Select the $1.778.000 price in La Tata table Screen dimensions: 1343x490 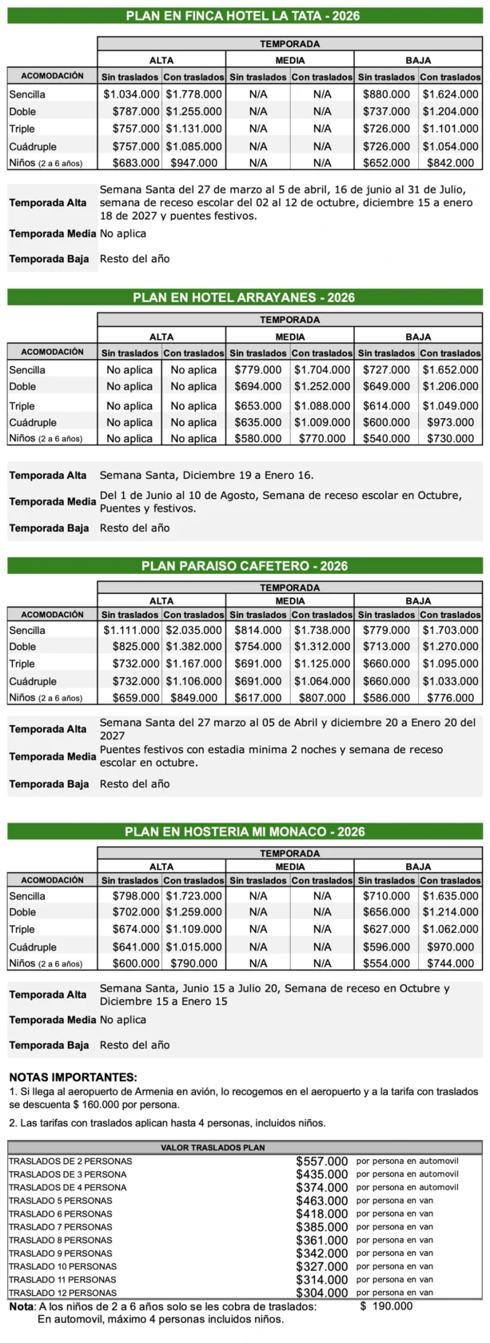click(193, 94)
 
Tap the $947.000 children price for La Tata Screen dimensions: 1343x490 click(193, 163)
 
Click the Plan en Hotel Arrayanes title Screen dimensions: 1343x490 click(244, 297)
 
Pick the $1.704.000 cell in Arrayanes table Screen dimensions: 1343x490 click(321, 370)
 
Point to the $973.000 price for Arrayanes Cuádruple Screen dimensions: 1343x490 click(450, 422)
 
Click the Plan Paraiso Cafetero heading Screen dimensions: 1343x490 click(245, 566)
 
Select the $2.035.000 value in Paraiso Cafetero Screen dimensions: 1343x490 click(193, 630)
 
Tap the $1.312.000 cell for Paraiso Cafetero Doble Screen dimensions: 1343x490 click(321, 647)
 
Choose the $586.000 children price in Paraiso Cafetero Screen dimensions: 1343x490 click(386, 698)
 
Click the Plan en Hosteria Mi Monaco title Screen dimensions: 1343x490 click(245, 831)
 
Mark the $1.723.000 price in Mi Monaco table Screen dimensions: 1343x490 click(193, 896)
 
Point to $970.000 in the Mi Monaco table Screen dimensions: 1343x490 click(450, 947)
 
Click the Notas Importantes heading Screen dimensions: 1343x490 click(73, 1078)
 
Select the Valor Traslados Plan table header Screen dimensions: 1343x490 click(213, 1147)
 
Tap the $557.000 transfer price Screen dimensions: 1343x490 click(321, 1162)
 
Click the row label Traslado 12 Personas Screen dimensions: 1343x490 click(62, 1293)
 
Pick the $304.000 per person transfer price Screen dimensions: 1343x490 click(321, 1293)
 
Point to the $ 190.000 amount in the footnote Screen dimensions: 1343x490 click(386, 1306)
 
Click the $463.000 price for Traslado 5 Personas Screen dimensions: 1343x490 click(321, 1201)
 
